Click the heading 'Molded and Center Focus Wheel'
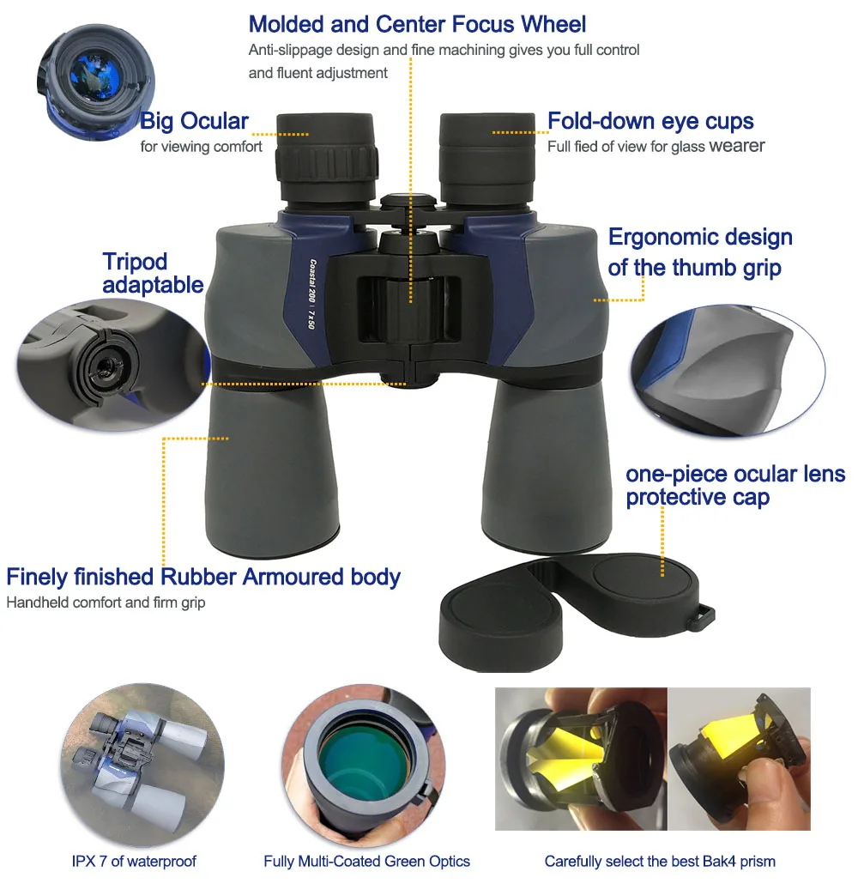[x=418, y=23]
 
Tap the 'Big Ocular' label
[x=194, y=121]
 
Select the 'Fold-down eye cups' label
[x=650, y=121]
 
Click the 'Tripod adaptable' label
[x=153, y=273]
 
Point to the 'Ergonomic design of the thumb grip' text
[x=699, y=252]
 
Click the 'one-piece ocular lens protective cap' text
[x=734, y=486]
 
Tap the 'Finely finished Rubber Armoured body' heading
[x=203, y=577]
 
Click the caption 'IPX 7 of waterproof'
[x=134, y=861]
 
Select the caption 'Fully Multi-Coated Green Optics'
[x=366, y=861]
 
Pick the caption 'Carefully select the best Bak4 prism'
[x=660, y=861]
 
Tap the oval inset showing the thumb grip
[x=728, y=370]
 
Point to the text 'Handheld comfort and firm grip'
[x=106, y=602]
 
